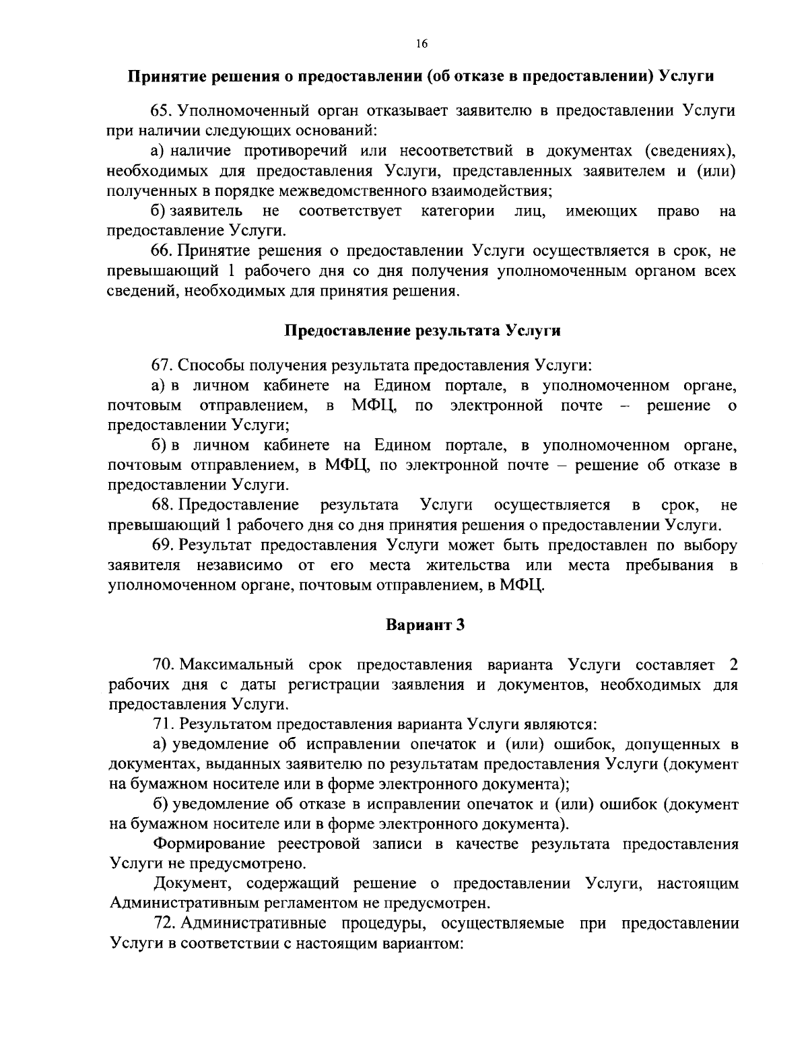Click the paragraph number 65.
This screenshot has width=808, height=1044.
tap(162, 111)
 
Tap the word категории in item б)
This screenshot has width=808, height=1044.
tap(458, 211)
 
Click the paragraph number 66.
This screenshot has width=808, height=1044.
tap(162, 252)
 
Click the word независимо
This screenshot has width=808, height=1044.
tap(240, 565)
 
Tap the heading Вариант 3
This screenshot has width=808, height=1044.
tap(425, 625)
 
